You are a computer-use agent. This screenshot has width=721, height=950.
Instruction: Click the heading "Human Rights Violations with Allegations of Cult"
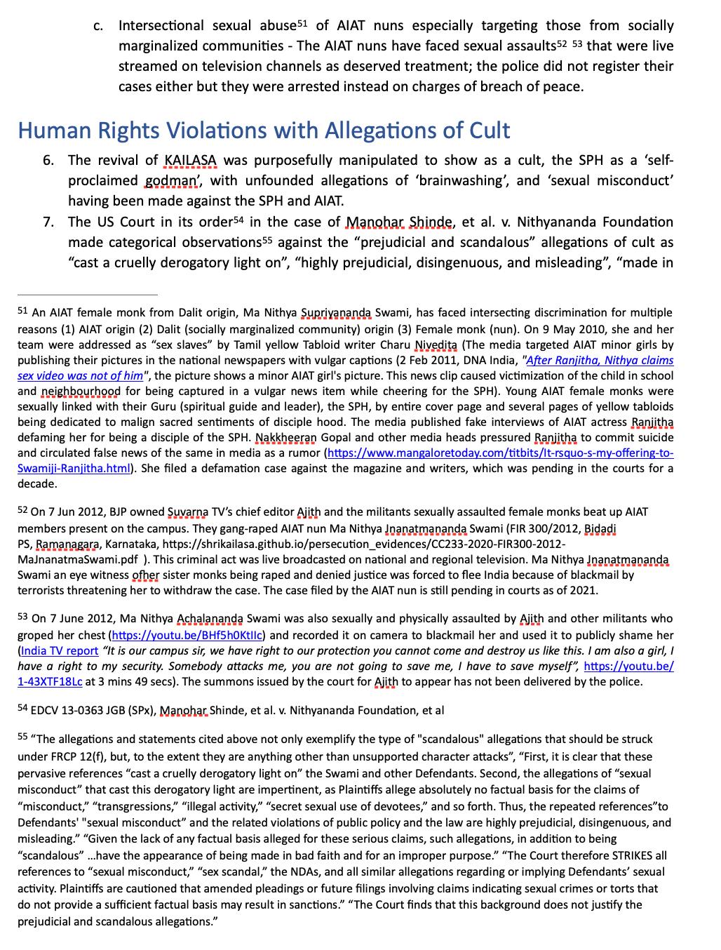click(x=263, y=131)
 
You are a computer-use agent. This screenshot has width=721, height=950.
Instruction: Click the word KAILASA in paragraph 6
click(x=190, y=161)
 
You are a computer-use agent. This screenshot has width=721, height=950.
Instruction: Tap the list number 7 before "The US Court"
click(x=48, y=222)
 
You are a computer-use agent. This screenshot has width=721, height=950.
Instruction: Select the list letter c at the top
click(x=98, y=27)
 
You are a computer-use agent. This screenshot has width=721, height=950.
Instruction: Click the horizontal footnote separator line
click(x=88, y=295)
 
